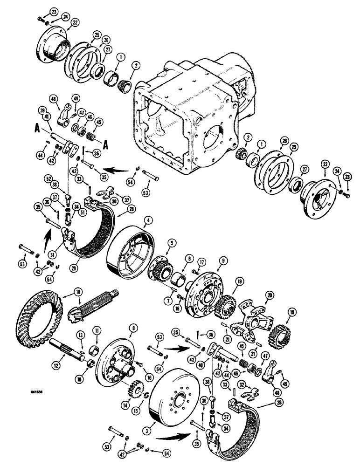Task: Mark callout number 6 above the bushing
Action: [189, 258]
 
